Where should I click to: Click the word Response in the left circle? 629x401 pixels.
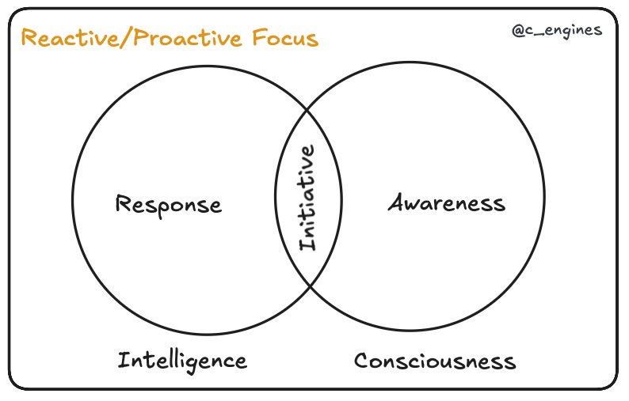169,205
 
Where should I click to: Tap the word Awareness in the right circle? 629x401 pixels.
446,203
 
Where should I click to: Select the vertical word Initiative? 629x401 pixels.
308,198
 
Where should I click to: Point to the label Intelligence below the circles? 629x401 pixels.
182,361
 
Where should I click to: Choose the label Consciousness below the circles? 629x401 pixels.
435,361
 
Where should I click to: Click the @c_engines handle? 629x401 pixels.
557,31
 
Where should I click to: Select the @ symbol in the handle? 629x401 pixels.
518,31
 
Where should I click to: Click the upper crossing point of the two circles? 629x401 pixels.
308,112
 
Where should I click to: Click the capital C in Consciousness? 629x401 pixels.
362,361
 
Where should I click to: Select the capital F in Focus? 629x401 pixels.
253,37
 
